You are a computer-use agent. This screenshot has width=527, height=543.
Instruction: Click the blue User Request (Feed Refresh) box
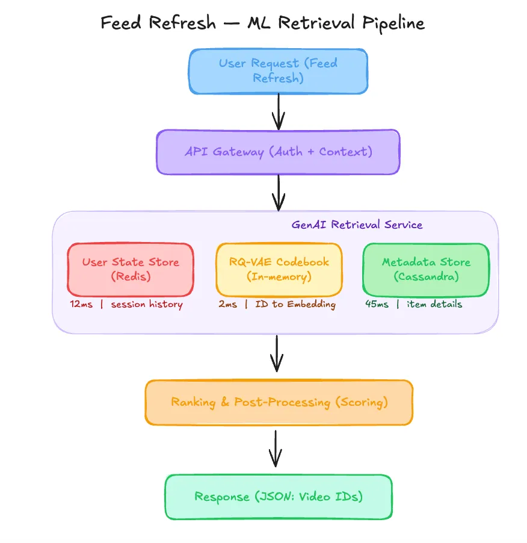pos(278,71)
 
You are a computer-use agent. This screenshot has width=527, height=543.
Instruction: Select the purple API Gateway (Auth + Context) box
pos(278,152)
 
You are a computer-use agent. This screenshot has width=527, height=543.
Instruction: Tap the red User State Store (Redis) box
pos(131,269)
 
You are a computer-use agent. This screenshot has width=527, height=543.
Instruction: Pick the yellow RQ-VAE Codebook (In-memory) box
pos(279,269)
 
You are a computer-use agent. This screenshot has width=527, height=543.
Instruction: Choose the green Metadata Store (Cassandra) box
pos(426,269)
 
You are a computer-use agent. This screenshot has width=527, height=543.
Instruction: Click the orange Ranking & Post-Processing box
pos(279,402)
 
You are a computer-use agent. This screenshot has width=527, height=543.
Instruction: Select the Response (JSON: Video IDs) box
pos(279,497)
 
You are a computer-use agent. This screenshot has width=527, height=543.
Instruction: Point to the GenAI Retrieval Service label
pos(357,225)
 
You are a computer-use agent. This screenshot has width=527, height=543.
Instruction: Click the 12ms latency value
pos(81,305)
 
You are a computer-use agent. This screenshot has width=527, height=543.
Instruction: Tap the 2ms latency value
pos(227,305)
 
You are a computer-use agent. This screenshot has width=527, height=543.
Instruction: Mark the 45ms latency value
pos(377,305)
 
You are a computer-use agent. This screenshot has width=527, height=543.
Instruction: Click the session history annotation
pos(146,305)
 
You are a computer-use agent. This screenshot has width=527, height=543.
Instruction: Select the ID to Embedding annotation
pos(295,305)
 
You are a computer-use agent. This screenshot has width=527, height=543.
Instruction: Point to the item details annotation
pos(434,305)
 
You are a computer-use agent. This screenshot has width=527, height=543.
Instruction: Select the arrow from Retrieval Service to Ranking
pos(277,354)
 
